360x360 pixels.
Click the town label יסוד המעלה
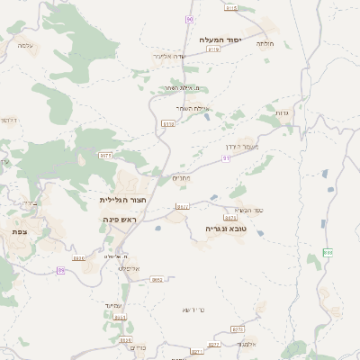[x=221, y=40]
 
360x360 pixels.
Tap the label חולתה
[x=265, y=42]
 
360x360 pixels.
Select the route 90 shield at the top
[x=189, y=19]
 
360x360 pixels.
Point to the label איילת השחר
[x=195, y=109]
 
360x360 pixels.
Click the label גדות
[x=281, y=113]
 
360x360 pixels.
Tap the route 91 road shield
[x=226, y=157]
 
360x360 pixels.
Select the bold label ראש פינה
[x=119, y=220]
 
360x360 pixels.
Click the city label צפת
[x=19, y=232]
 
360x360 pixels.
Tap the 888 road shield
[x=328, y=253]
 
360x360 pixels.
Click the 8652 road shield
[x=157, y=280]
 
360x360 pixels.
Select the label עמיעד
[x=112, y=307]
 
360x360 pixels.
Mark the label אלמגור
[x=247, y=344]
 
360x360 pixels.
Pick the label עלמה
[x=25, y=44]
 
